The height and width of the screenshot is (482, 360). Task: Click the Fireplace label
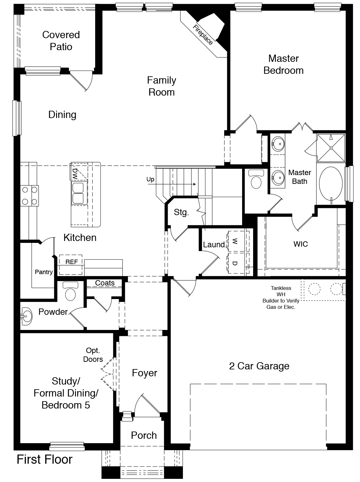[x=202, y=35]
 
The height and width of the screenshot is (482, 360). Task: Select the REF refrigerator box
[x=71, y=262]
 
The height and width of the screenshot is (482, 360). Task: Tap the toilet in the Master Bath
[x=256, y=179]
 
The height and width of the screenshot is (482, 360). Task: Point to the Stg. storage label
[x=181, y=212]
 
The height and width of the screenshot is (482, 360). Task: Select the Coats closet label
[x=105, y=283]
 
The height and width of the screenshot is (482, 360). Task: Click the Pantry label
[x=44, y=272]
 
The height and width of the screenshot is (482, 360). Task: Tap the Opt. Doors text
[x=93, y=355]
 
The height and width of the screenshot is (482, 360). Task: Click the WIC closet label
[x=300, y=244]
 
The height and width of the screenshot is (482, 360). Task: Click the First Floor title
[x=44, y=460]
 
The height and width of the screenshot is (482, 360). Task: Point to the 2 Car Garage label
[x=259, y=366]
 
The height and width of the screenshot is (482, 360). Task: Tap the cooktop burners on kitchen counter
[x=30, y=196]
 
